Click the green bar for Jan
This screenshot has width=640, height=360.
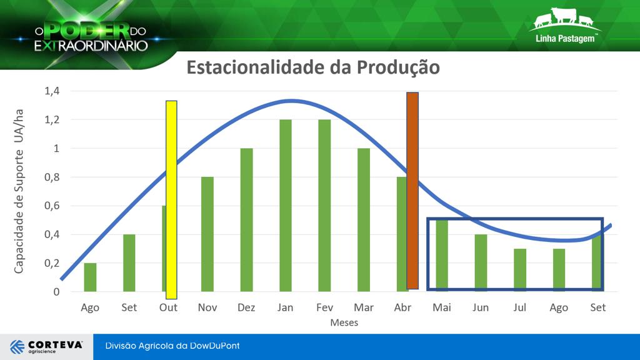click(286, 205)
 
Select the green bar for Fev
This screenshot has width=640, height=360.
click(324, 205)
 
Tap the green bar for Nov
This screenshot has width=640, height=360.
click(207, 234)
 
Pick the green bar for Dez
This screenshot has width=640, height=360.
click(246, 219)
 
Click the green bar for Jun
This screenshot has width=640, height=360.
click(481, 262)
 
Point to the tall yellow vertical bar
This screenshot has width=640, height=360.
click(171, 200)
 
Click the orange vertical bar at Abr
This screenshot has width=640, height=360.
click(412, 191)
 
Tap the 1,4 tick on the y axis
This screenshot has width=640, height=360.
click(52, 91)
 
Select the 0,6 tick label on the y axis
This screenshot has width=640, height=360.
click(52, 206)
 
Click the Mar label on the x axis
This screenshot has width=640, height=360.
click(364, 307)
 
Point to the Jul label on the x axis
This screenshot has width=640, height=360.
click(519, 307)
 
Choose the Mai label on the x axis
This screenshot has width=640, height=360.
click(442, 307)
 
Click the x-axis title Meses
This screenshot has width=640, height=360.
click(344, 322)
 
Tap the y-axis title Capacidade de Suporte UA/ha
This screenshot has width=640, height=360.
click(19, 191)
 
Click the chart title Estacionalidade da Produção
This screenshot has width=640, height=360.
click(313, 67)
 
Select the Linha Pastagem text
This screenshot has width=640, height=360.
click(565, 39)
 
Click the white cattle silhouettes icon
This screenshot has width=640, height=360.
click(564, 18)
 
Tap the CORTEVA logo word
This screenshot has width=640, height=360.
click(56, 345)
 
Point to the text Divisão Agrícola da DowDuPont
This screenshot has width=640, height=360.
click(172, 346)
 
